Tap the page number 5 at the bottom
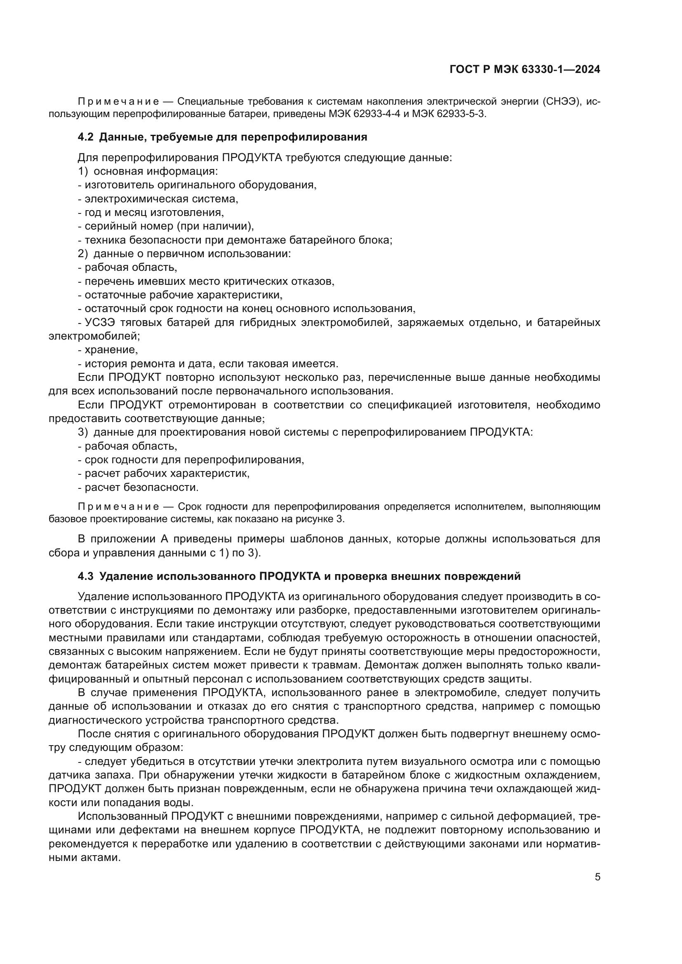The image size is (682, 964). tap(597, 877)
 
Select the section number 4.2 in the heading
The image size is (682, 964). tap(86, 137)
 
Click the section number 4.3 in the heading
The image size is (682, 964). tap(86, 577)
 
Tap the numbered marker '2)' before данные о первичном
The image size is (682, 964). tap(83, 253)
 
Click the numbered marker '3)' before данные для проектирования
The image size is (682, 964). tap(83, 432)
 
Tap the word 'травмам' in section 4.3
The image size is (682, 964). tap(340, 665)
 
